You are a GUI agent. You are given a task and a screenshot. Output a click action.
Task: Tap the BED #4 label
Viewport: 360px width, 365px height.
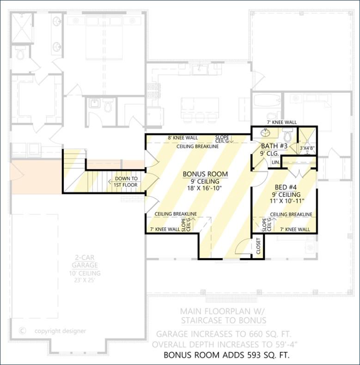(x=286, y=187)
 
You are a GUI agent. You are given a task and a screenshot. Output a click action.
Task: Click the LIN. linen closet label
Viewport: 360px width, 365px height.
(x=275, y=163)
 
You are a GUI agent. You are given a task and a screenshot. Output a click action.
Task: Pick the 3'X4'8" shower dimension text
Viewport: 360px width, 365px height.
(x=307, y=148)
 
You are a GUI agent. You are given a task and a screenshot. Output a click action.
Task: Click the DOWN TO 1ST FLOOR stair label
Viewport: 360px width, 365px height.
(x=126, y=182)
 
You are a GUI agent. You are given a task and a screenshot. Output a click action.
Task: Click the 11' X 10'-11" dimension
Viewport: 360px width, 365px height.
(x=286, y=201)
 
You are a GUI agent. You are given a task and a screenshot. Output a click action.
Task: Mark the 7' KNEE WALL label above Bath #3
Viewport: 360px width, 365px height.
(x=281, y=122)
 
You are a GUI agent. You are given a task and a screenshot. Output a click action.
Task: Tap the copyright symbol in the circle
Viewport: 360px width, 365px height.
(x=22, y=330)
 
